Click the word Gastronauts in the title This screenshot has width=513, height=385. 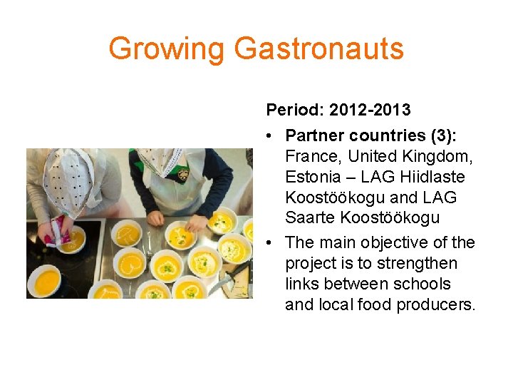tap(318, 48)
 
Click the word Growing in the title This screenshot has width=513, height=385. tap(167, 48)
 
